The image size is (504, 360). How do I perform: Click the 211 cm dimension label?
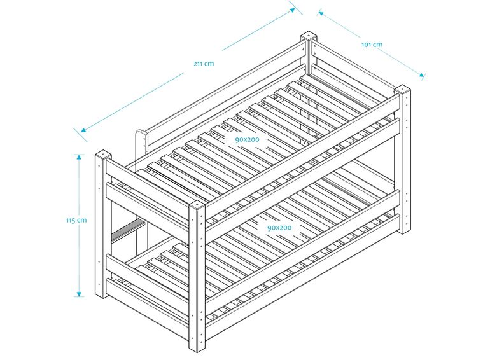pos(203,63)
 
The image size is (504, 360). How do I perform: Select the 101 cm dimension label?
pos(372,45)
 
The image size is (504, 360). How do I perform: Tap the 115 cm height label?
pos(76,220)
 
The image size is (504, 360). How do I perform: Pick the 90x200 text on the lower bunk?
pos(279,227)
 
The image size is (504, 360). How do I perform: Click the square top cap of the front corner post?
pos(197,207)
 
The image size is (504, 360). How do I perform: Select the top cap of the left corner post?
pos(102,155)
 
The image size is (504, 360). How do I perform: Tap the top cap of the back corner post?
pos(309,36)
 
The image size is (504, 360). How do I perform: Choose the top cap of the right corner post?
pos(403,88)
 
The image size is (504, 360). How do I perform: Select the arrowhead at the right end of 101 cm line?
pos(421,75)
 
